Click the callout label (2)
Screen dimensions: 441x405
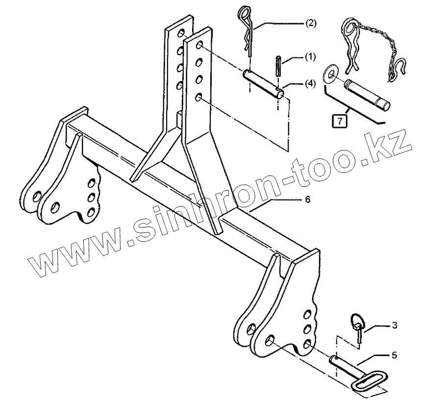click(311, 23)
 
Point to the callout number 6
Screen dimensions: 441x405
click(307, 201)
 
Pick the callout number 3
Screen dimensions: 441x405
click(394, 325)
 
